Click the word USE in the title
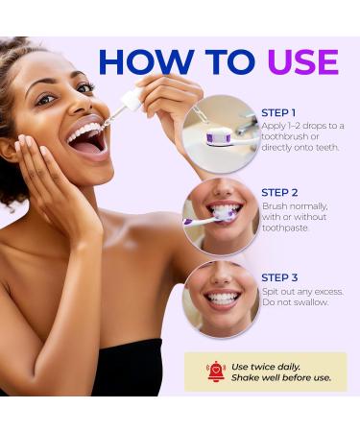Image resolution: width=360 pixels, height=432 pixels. (x=302, y=60)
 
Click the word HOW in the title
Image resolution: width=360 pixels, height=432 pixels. (x=144, y=60)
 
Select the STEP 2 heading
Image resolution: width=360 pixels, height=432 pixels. (x=280, y=192)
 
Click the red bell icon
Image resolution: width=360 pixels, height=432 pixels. (x=217, y=371)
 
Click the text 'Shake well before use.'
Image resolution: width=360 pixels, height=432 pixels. (x=280, y=378)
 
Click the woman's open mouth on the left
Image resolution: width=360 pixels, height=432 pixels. (x=86, y=140)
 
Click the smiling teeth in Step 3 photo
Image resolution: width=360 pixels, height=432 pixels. (x=222, y=300)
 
